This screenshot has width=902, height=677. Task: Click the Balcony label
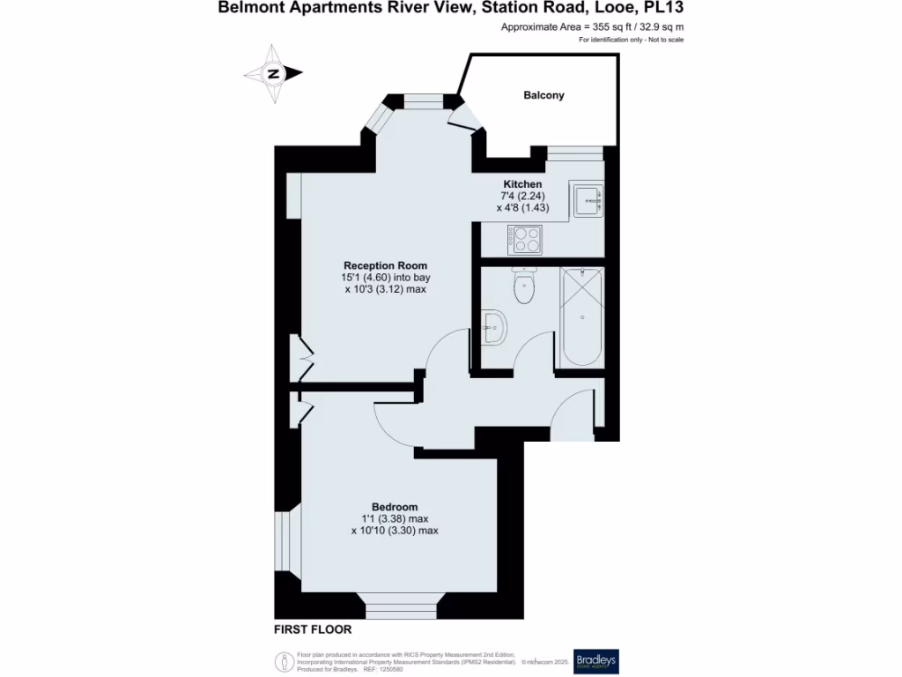coord(543,95)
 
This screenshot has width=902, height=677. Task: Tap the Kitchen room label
coord(522,184)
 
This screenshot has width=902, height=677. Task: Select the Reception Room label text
coord(385,265)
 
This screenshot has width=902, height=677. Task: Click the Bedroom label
coord(394,507)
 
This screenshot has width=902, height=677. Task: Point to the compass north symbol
coord(273,74)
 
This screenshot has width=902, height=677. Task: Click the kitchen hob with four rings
coord(526,236)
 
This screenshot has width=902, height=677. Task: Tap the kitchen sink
coord(588,200)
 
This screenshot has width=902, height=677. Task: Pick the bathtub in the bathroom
coord(580,317)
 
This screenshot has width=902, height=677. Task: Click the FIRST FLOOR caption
coord(313,629)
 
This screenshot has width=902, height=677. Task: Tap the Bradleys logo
coord(596,661)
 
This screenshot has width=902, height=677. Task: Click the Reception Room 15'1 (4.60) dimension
coord(386,278)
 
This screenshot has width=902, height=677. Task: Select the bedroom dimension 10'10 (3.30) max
coord(394,531)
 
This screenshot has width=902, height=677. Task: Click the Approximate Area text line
coord(592,27)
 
